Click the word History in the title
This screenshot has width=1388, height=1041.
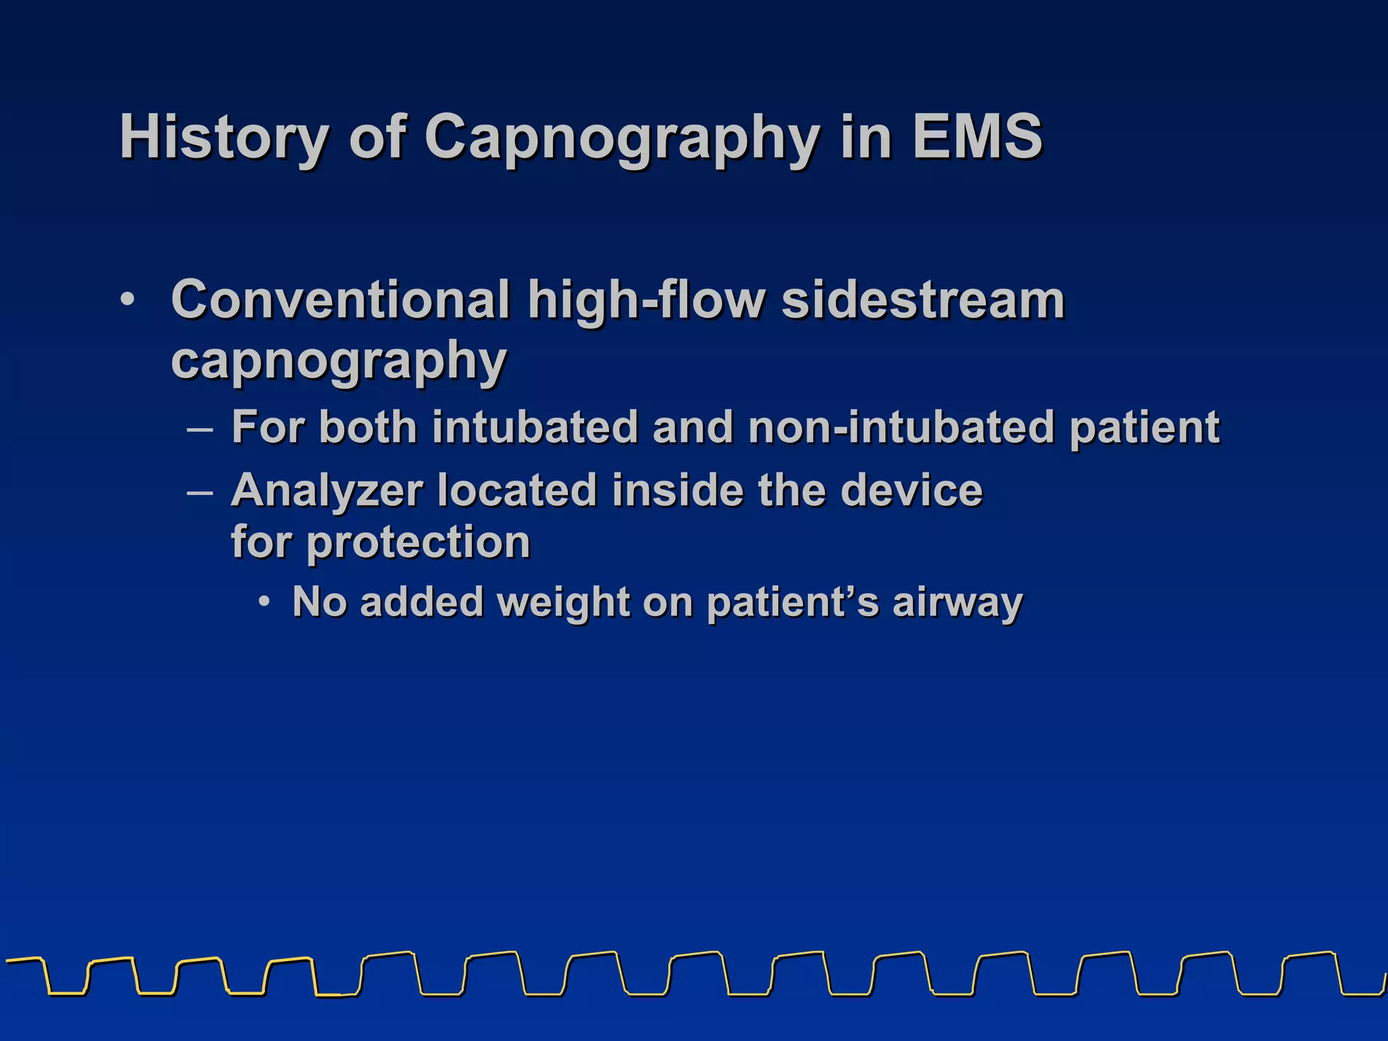tap(224, 138)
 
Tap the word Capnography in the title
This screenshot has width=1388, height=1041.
tap(622, 138)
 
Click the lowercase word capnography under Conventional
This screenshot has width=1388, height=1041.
tap(339, 362)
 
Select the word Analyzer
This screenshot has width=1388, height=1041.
tap(327, 490)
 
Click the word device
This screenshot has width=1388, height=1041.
tap(911, 490)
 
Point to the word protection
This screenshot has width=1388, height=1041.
tap(418, 542)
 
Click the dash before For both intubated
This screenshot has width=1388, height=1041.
tap(201, 429)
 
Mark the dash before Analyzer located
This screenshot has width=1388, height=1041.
tap(201, 492)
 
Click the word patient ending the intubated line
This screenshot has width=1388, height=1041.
tap(1145, 428)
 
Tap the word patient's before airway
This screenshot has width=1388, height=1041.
tap(792, 603)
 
